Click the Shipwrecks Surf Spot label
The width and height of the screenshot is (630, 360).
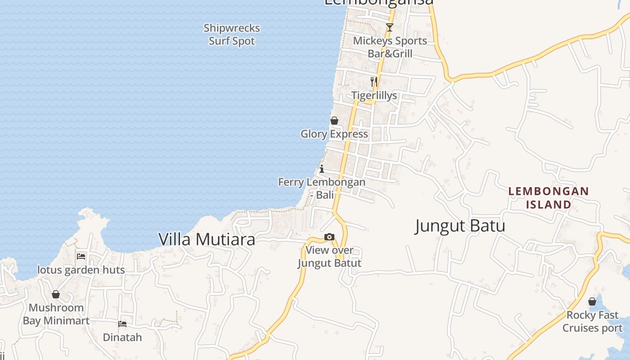coord(232,35)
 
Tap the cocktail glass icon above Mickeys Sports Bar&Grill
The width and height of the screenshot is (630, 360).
coord(390,27)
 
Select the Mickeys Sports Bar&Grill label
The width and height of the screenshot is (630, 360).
coord(390,47)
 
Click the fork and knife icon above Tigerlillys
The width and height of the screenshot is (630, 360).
coord(374,82)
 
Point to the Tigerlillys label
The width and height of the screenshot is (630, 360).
coord(374,95)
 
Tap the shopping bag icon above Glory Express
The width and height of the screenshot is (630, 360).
coord(334,121)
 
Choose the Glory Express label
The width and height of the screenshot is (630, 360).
coord(334,134)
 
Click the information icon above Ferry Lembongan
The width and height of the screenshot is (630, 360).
coord(322,169)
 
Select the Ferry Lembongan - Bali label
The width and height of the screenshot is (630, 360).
coord(322,189)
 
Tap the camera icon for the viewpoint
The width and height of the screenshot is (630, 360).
coord(329,237)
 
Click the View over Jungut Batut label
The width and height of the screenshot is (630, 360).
coord(329,256)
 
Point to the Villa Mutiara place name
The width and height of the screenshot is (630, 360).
coord(207,239)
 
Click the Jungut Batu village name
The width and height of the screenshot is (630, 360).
coord(460,226)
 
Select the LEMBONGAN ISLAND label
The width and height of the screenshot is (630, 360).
coord(549,198)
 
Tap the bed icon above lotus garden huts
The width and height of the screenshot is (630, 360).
coord(81,256)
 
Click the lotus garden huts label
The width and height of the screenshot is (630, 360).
coord(81,270)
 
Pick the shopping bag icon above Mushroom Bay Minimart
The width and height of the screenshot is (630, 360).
coord(56,294)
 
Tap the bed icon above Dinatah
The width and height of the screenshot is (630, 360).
coord(122,324)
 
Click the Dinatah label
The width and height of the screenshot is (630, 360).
coord(122,337)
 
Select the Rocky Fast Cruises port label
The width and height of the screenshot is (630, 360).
coord(592,321)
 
